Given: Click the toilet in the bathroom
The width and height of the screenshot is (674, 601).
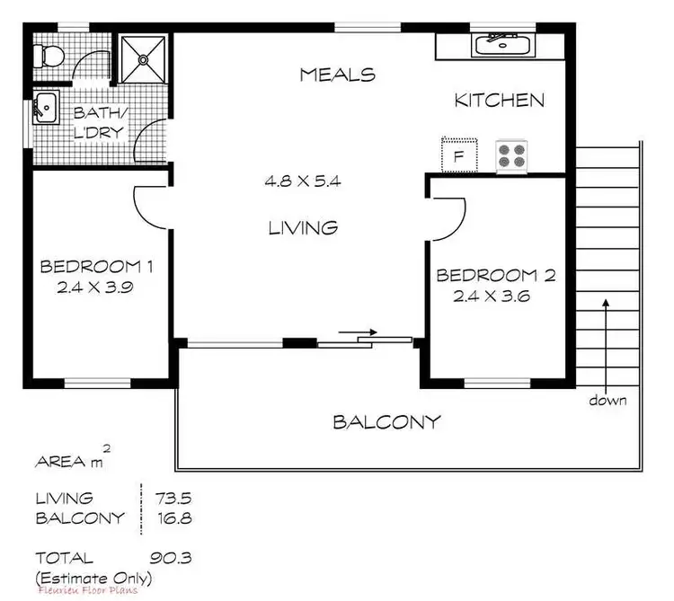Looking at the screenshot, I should click(x=48, y=56).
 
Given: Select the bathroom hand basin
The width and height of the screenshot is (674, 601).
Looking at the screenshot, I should click(x=43, y=108).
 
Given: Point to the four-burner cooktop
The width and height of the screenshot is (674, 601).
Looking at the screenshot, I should click(x=512, y=155).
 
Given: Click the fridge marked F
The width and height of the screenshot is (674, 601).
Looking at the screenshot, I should click(x=458, y=155).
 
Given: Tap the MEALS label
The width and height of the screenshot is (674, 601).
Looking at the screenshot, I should click(x=337, y=75).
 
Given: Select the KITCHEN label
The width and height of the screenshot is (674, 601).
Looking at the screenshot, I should click(x=499, y=100).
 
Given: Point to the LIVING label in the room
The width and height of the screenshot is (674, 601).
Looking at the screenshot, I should click(x=304, y=227).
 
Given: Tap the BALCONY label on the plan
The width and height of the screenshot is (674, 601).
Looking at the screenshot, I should click(x=386, y=421).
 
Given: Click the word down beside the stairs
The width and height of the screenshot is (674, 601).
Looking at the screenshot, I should click(x=608, y=400).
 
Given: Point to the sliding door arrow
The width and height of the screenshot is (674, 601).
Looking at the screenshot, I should click(x=359, y=332).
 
